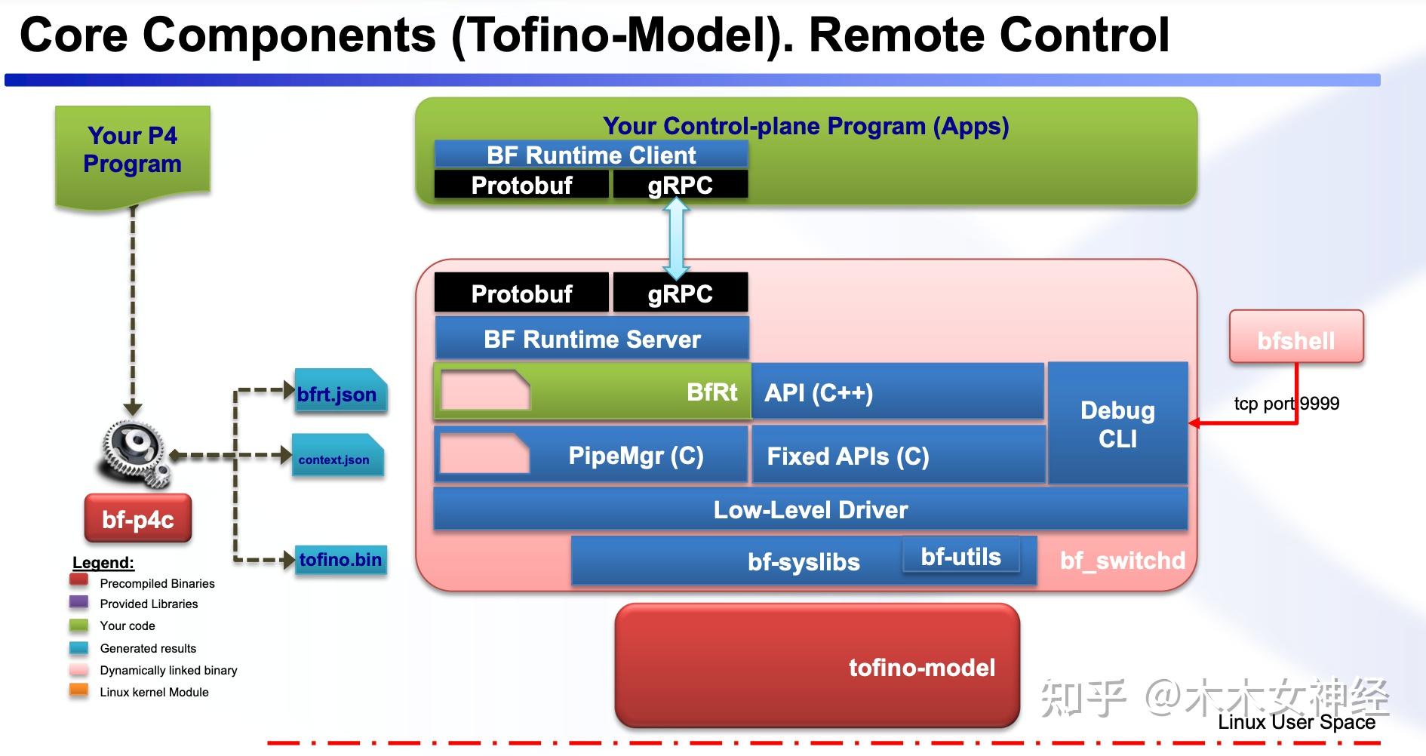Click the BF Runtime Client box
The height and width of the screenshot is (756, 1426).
(591, 155)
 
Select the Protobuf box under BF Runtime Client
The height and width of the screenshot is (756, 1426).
(521, 185)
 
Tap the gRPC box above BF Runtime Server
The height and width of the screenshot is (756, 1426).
(680, 293)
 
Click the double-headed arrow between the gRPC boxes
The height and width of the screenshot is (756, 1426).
(676, 239)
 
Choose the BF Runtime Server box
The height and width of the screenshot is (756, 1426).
(592, 339)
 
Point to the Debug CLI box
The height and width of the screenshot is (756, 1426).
(1117, 424)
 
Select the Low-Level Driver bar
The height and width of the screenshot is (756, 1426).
(810, 509)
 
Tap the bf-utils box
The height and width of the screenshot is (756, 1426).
(960, 557)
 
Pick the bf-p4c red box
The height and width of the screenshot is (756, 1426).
(138, 519)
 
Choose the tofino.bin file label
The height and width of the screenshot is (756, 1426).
(340, 560)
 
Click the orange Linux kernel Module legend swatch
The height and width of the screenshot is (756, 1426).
(78, 690)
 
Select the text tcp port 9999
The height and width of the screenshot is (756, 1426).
(1286, 404)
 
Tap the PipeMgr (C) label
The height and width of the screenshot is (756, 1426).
(635, 456)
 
